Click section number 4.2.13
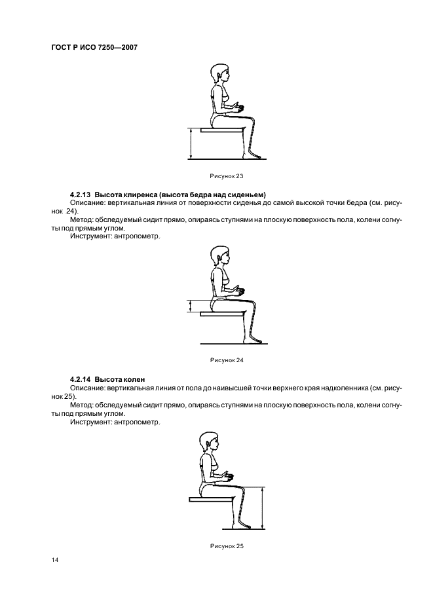point(81,195)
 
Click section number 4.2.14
point(81,379)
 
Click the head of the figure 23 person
point(219,73)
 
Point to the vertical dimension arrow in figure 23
point(190,143)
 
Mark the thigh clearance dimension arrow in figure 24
point(190,306)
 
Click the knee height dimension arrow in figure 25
point(262,507)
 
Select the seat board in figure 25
point(210,499)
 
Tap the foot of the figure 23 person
point(255,156)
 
